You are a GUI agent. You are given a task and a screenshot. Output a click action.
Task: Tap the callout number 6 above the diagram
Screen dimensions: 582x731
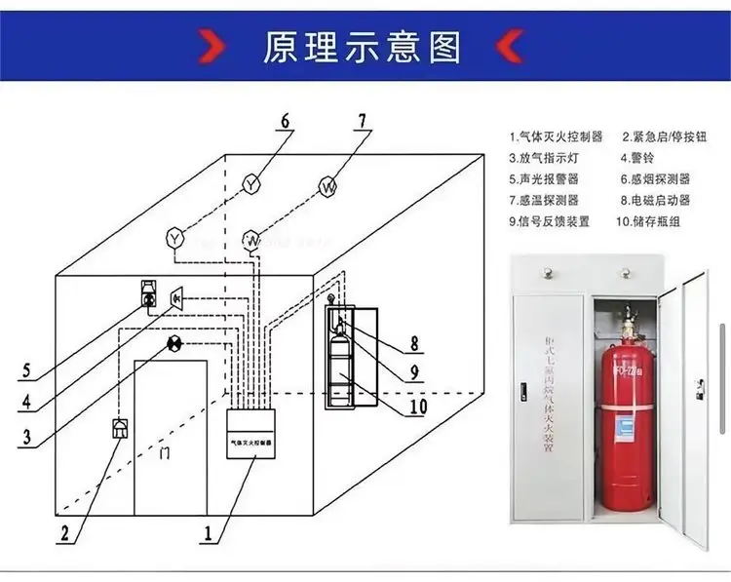pyautogui.click(x=285, y=122)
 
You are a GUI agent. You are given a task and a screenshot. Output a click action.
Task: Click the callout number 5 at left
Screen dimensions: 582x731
pyautogui.click(x=27, y=369)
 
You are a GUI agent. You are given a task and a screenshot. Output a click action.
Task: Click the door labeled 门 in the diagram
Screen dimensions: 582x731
pyautogui.click(x=172, y=439)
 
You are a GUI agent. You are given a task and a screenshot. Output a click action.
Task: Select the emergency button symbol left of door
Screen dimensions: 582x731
pyautogui.click(x=120, y=429)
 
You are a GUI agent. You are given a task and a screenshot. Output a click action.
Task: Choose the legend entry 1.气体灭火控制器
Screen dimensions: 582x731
pyautogui.click(x=556, y=136)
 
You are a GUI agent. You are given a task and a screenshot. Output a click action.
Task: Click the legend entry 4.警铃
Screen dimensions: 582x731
pyautogui.click(x=638, y=158)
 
